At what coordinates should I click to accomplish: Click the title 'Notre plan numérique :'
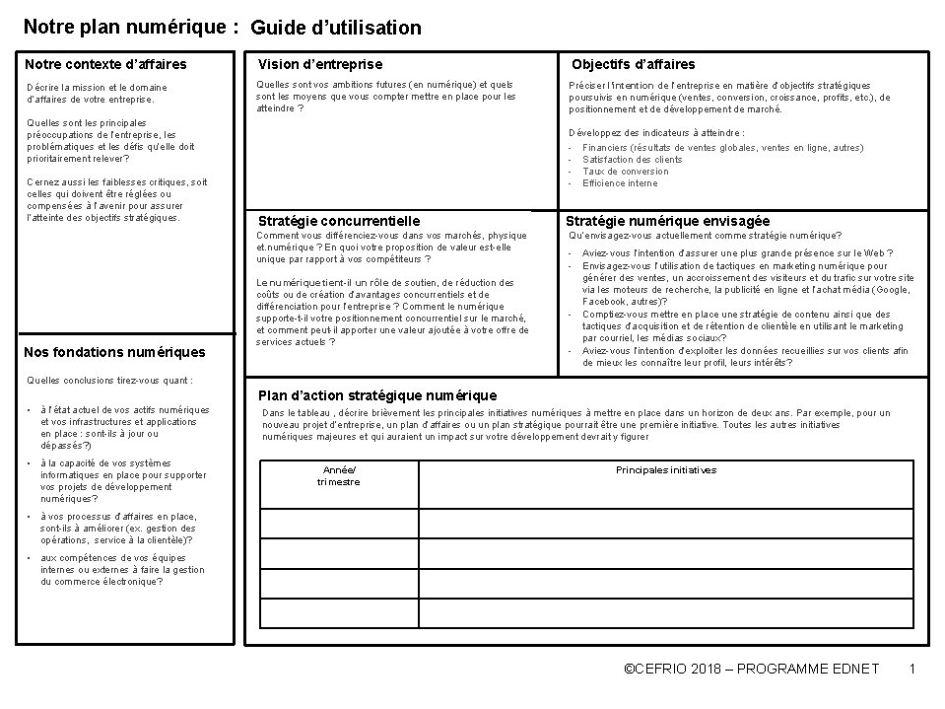pos(129,27)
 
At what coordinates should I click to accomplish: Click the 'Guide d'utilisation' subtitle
pos(336,28)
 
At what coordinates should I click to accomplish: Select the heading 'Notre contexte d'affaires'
pos(105,65)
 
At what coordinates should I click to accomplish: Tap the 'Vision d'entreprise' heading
pos(320,64)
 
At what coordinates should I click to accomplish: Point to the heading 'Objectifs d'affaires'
pos(634,64)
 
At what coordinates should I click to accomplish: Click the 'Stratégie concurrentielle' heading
pos(339,221)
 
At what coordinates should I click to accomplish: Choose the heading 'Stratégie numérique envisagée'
pos(668,221)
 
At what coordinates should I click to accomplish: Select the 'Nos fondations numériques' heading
pos(114,352)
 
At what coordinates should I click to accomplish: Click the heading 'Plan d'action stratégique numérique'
pos(377,395)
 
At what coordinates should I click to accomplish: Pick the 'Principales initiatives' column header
pos(666,470)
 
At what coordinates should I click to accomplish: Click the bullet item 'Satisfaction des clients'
pos(632,160)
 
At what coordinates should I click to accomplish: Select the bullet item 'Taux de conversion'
pos(625,172)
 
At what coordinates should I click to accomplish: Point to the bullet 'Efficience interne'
pos(620,183)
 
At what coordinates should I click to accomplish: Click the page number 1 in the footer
pos(912,670)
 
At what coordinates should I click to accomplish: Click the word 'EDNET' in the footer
pos(854,670)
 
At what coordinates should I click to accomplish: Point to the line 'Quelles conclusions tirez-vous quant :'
pos(108,380)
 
